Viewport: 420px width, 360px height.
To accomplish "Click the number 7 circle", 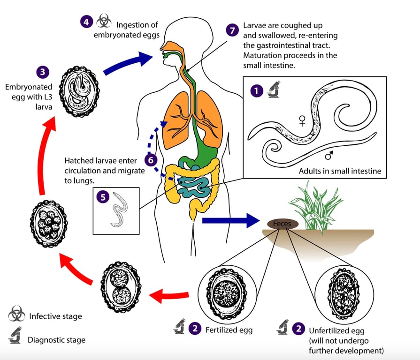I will (x=232, y=30).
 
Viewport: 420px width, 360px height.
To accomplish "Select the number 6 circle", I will (x=151, y=160).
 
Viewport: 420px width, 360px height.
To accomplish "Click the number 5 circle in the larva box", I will (x=103, y=197).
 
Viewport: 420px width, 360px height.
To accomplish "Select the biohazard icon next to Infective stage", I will (x=16, y=315).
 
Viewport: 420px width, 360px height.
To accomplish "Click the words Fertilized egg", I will (x=229, y=330).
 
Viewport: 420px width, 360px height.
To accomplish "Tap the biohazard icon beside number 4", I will (x=103, y=22).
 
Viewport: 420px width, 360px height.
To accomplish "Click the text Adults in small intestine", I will (x=339, y=171).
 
